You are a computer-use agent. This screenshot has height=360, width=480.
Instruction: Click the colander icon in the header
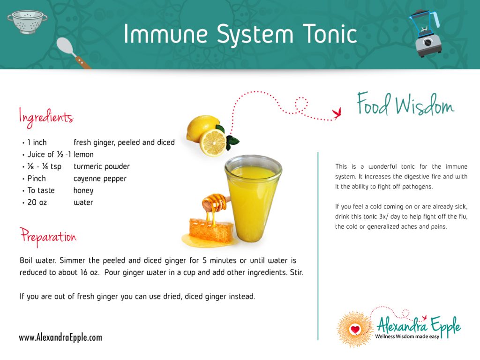coord(27,22)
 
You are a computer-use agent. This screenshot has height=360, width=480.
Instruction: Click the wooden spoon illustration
coord(72,52)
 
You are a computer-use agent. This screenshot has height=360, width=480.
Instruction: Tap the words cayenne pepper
coord(100,179)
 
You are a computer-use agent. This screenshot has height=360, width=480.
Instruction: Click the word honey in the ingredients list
coord(83,190)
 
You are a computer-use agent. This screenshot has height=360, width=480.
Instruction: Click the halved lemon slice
coord(213,142)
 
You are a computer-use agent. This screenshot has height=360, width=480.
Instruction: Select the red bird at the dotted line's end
coord(336,112)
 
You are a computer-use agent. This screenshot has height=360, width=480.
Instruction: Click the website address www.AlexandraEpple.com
coord(60,337)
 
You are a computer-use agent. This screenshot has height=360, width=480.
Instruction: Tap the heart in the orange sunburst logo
coord(355,330)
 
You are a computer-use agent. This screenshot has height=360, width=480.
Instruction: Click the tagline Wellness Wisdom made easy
coord(407,337)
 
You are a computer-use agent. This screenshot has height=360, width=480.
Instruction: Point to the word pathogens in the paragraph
coord(416,187)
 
